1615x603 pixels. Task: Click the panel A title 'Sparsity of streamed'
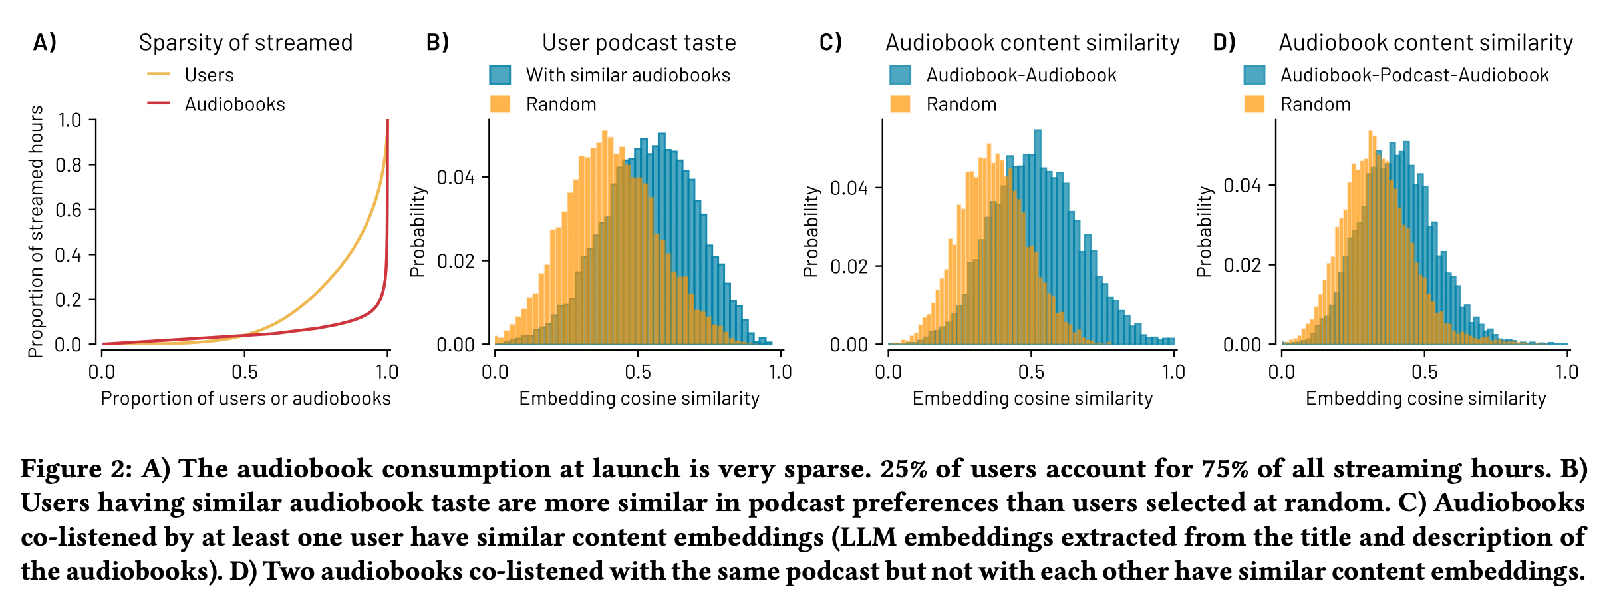coord(245,43)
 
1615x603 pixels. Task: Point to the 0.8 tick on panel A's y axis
coord(69,165)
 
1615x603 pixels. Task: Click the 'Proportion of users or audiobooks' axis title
coord(245,399)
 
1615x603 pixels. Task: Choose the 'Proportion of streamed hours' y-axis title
coord(36,232)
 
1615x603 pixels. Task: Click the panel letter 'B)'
coord(438,43)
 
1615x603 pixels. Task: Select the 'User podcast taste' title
coord(639,43)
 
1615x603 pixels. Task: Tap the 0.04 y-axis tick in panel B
coord(456,177)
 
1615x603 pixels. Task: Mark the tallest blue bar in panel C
coord(1038,233)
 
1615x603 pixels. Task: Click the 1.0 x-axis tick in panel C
coord(1174,372)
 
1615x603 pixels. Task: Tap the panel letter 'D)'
coord(1225,43)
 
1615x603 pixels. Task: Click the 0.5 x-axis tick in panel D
coord(1424,372)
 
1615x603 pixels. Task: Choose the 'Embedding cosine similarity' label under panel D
coord(1425,399)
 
